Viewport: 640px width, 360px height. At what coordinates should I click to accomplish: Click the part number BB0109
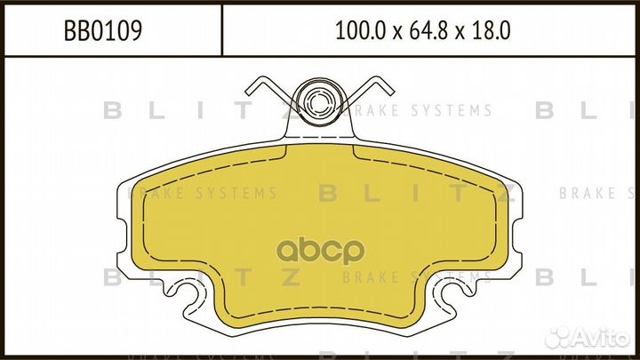coord(103,32)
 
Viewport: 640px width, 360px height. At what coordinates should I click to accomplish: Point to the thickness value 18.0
coord(488,32)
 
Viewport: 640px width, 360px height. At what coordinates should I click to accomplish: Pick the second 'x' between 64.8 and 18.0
coord(455,33)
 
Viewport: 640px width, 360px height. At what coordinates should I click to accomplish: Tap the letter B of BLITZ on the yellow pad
coord(324,193)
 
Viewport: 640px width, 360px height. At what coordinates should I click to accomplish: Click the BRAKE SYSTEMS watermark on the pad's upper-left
coord(203,193)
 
